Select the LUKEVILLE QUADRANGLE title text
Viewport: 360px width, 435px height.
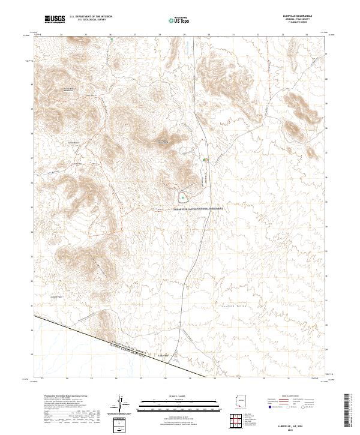click(302, 17)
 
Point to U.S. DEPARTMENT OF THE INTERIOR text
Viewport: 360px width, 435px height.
click(91, 17)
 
